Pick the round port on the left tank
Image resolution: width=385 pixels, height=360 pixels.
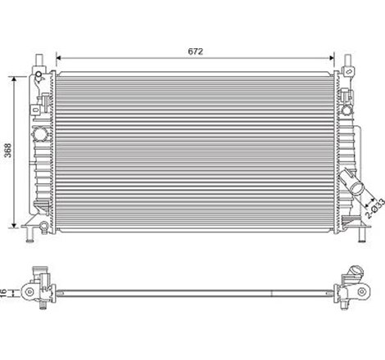point(38,137)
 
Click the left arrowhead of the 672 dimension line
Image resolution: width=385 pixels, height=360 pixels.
point(57,58)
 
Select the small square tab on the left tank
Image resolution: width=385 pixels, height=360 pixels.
point(38,112)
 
